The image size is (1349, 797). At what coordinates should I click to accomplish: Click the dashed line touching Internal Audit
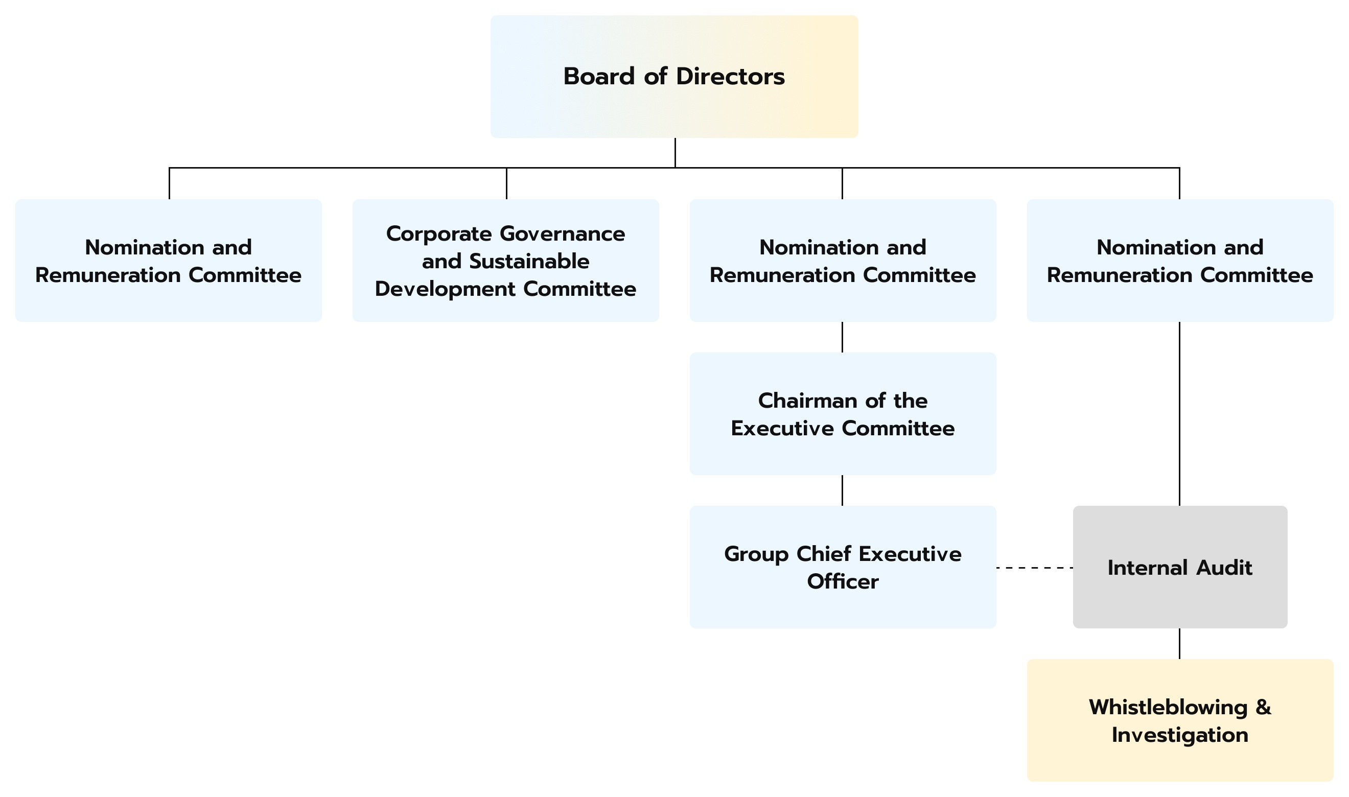(1034, 567)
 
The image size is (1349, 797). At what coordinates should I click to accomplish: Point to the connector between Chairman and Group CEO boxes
(842, 490)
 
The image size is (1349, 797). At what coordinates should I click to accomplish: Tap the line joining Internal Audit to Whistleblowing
(1179, 643)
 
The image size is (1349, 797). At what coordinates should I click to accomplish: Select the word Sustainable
(529, 261)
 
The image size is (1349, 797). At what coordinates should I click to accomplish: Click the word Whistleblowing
(1168, 707)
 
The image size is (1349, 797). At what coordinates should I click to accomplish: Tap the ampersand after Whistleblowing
(1264, 707)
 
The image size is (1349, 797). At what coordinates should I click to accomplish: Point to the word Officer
(843, 581)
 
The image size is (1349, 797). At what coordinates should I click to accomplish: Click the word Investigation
(1180, 735)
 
